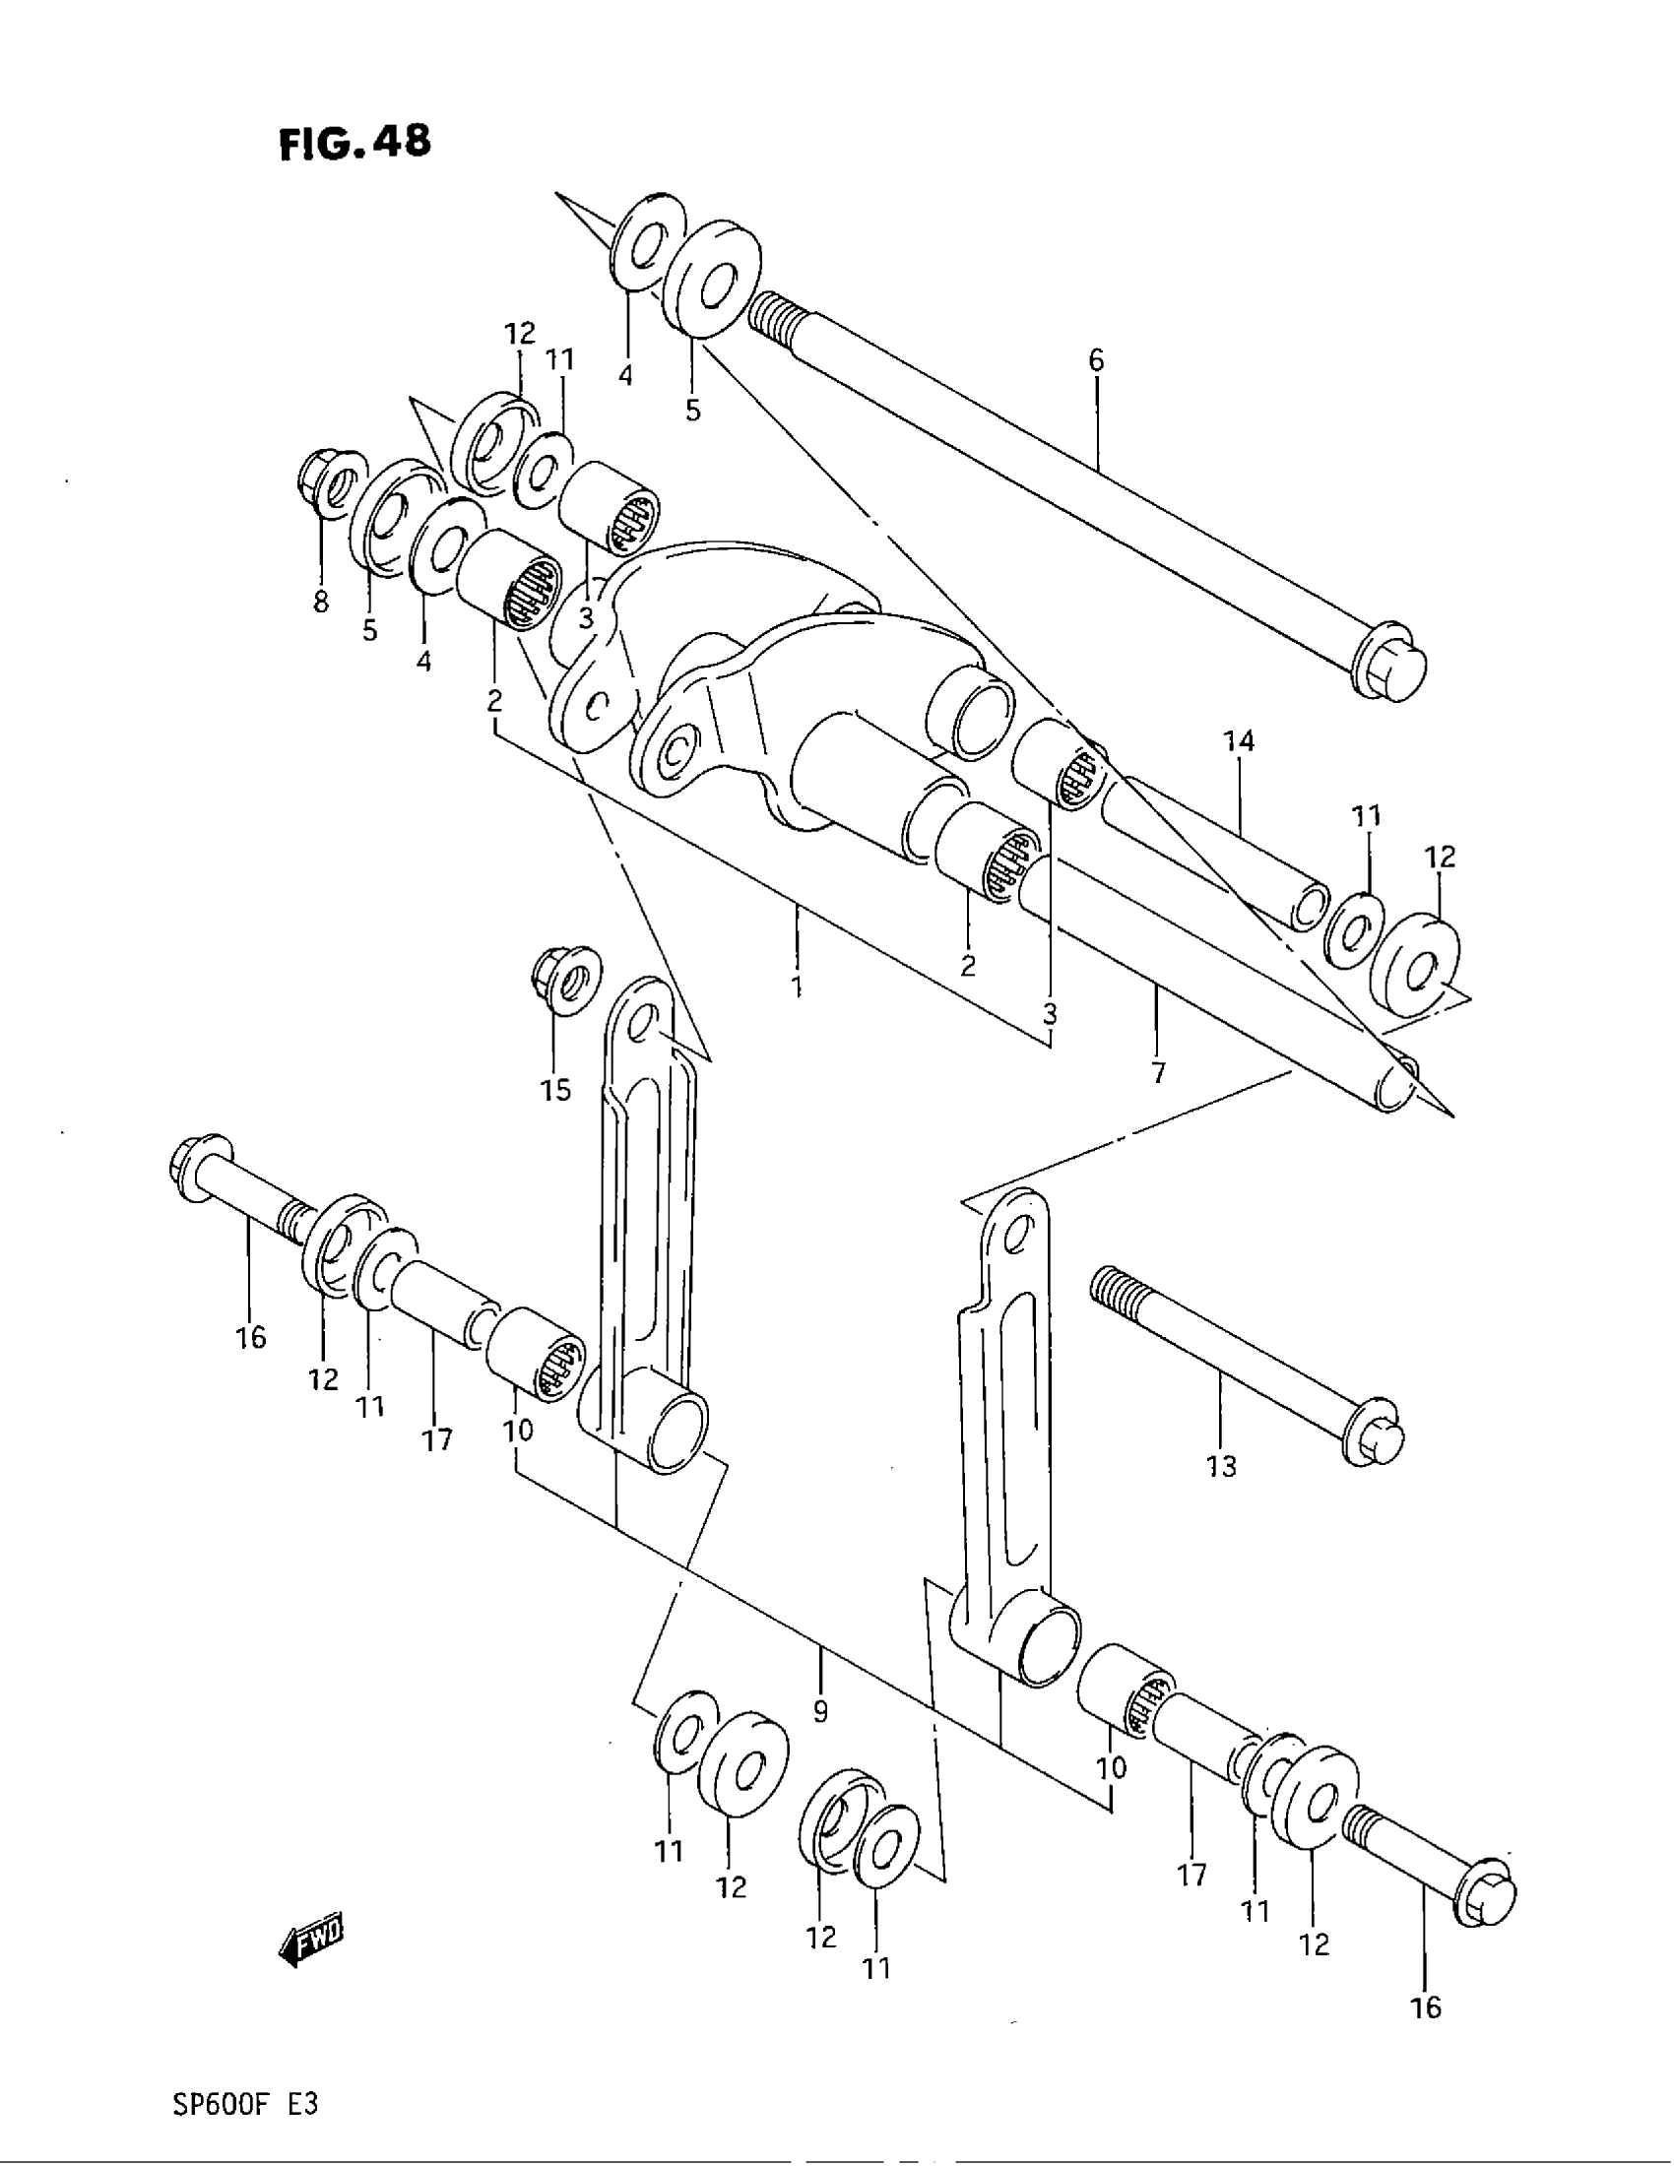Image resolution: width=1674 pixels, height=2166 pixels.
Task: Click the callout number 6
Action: tap(1095, 361)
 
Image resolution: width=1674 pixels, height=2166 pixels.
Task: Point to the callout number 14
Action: tap(1239, 740)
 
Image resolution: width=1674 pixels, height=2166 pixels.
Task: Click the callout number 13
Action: tap(1222, 1465)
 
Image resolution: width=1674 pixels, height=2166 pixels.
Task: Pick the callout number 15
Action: tap(555, 1091)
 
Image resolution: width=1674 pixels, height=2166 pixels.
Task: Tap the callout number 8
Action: tap(321, 602)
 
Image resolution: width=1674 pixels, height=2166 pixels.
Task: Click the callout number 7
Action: tap(1158, 1072)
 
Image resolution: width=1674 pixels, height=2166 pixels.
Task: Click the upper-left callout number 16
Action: tap(251, 1337)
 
